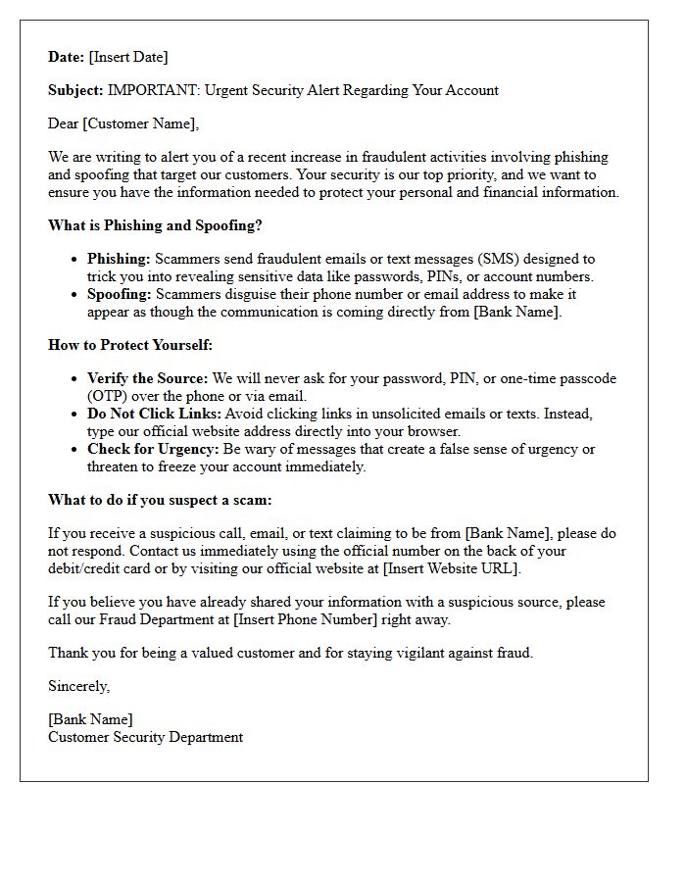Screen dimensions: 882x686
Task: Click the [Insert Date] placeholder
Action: click(x=128, y=57)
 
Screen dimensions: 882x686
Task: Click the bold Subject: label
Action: click(x=75, y=90)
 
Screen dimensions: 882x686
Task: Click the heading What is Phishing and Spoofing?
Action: click(x=155, y=225)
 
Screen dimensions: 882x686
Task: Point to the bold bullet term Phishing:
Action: click(x=119, y=259)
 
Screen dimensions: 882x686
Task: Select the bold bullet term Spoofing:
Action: click(x=119, y=294)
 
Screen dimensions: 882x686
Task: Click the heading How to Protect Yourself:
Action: click(x=130, y=345)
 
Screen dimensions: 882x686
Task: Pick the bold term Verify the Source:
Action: click(x=147, y=378)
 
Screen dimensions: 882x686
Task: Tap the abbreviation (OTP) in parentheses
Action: click(x=109, y=396)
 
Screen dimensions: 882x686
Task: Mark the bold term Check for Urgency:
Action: click(x=152, y=449)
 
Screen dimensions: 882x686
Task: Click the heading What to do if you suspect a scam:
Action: click(x=160, y=500)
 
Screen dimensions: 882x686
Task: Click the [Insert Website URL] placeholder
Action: click(x=451, y=568)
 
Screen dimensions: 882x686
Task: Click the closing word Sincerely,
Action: click(x=79, y=686)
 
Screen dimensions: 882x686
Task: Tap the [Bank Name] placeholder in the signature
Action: click(x=90, y=719)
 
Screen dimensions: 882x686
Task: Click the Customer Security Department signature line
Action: click(x=145, y=737)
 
